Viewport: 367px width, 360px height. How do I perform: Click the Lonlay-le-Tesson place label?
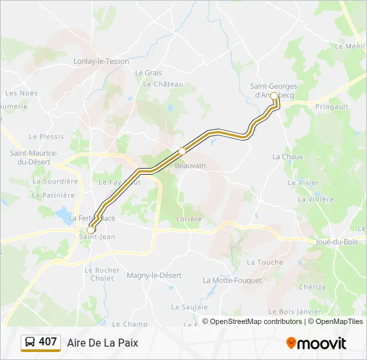click(x=101, y=61)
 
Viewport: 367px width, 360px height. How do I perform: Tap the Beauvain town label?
click(x=190, y=165)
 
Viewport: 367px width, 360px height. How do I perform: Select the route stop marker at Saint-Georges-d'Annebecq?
click(x=274, y=96)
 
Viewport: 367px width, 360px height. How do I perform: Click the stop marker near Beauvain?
click(x=181, y=151)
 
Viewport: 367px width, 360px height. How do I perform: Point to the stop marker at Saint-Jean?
click(x=91, y=230)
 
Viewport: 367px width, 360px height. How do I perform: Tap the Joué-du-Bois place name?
click(x=338, y=242)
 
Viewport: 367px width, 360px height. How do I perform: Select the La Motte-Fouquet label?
click(x=232, y=280)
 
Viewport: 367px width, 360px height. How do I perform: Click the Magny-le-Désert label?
click(x=154, y=275)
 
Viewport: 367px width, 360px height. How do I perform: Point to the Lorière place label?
click(x=188, y=219)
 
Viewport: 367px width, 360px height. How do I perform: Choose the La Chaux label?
click(x=288, y=157)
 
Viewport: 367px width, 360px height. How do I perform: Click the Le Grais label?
click(x=148, y=73)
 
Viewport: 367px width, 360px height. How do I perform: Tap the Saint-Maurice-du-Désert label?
click(x=33, y=157)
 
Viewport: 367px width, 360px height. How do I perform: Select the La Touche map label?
click(x=265, y=262)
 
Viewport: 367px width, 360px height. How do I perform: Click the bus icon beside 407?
click(x=30, y=342)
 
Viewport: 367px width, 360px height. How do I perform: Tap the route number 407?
click(x=48, y=342)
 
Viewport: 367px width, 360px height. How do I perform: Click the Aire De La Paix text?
click(x=103, y=343)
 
